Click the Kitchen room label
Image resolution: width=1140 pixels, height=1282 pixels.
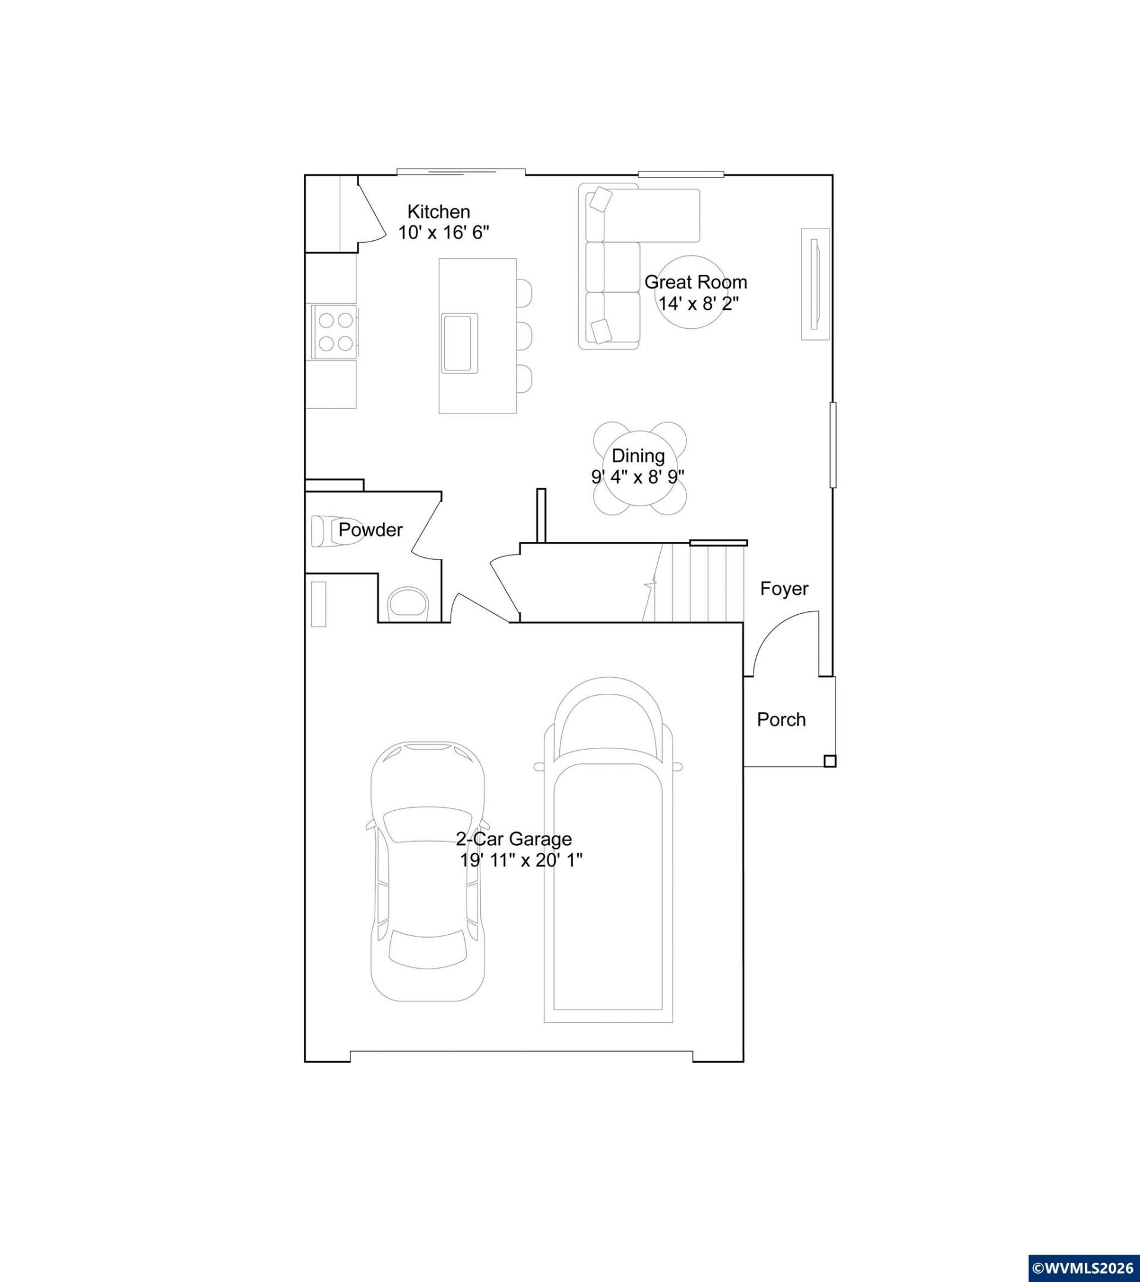(x=439, y=211)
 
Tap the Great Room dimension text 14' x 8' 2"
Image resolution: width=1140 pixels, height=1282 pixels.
(x=698, y=303)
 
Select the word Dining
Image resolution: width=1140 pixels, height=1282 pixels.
(x=638, y=456)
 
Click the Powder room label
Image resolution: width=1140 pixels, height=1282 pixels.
(x=370, y=530)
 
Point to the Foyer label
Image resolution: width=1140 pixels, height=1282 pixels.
(x=784, y=588)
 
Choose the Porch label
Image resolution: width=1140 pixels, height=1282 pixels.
(x=781, y=719)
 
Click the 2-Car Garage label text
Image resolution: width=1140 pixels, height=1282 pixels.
(x=513, y=839)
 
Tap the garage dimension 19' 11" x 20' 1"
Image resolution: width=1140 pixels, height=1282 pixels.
(x=521, y=860)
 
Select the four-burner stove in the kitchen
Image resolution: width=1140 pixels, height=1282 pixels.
(x=332, y=332)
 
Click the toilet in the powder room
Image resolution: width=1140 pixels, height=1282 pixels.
(x=408, y=604)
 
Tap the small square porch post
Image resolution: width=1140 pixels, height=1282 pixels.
(x=830, y=761)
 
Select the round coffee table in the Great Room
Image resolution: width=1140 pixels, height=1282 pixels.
(x=688, y=291)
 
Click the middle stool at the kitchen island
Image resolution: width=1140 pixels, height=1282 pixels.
(x=524, y=335)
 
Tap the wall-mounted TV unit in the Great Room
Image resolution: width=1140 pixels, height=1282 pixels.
(x=815, y=284)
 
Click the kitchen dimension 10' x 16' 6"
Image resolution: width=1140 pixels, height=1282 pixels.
(x=444, y=233)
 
